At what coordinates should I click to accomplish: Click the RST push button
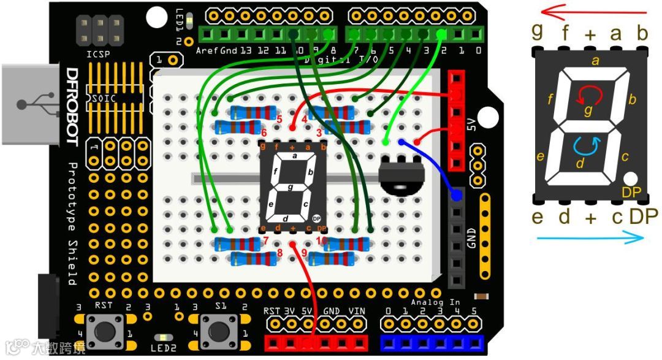pyautogui.click(x=101, y=331)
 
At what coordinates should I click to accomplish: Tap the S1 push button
pyautogui.click(x=219, y=331)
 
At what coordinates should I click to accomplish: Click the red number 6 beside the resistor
pyautogui.click(x=264, y=133)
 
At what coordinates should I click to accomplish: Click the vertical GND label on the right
pyautogui.click(x=471, y=238)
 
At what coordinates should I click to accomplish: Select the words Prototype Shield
pyautogui.click(x=71, y=224)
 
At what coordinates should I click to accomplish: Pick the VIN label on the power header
pyautogui.click(x=356, y=312)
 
